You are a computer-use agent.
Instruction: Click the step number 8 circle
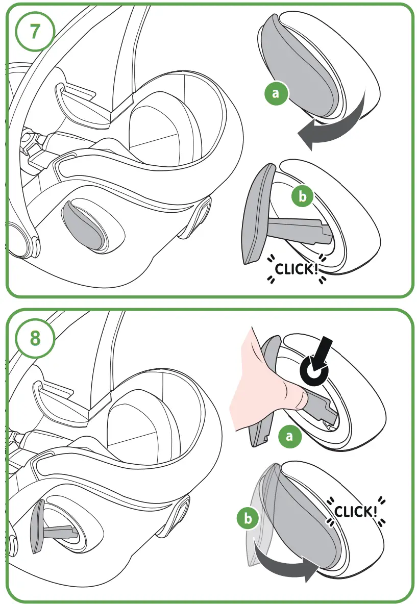coord(34,338)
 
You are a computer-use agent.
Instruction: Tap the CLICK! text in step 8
coord(356,511)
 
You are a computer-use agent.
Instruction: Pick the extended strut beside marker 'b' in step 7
coord(301,230)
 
